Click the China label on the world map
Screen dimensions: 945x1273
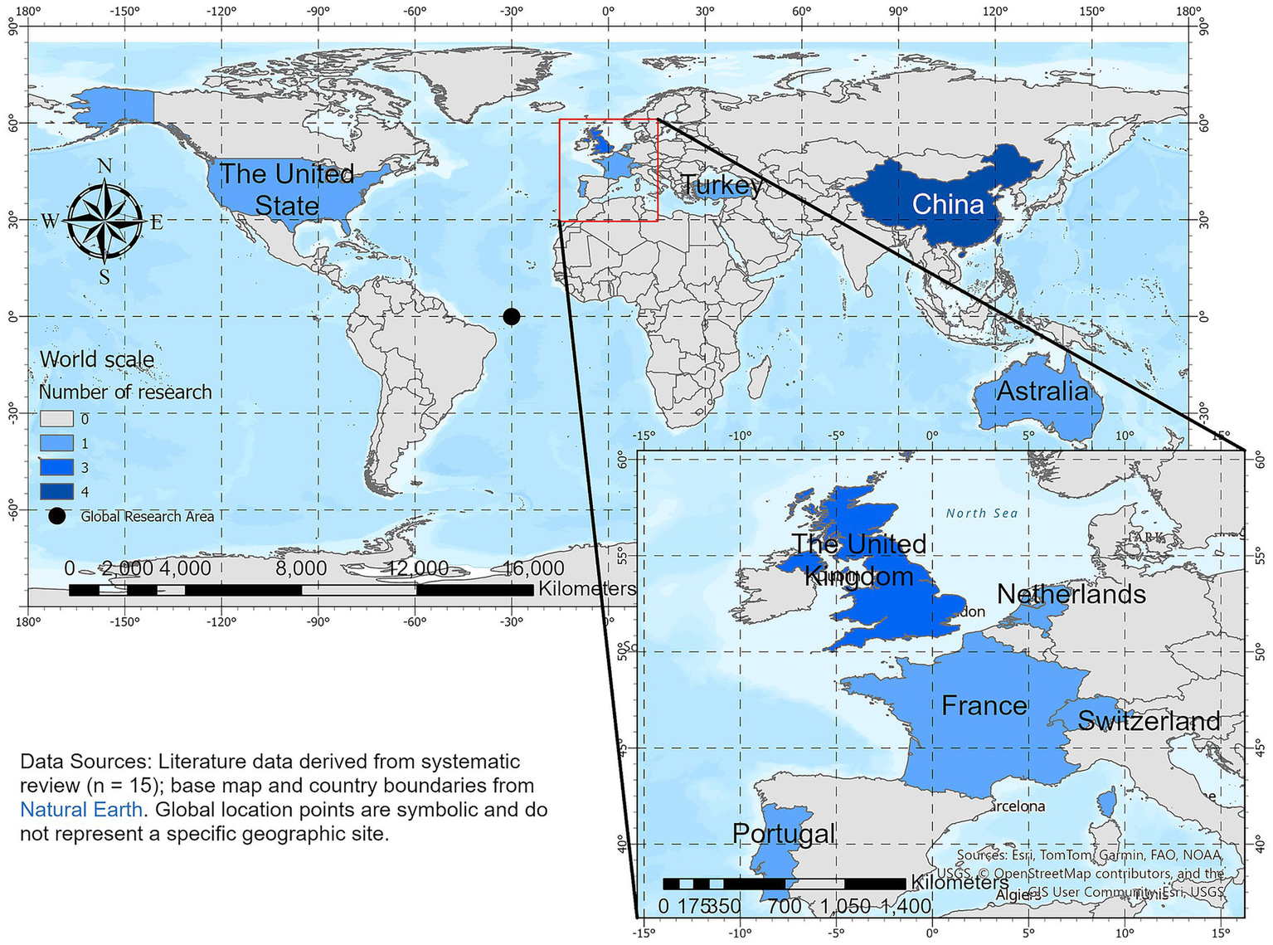(947, 204)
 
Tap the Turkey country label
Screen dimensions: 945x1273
(721, 185)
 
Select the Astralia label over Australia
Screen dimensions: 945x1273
(1042, 391)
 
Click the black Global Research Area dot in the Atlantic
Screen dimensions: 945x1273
(512, 316)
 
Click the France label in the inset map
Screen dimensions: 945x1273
(984, 706)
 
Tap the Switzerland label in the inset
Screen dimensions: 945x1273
(1149, 721)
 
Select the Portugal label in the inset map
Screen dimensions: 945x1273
(784, 834)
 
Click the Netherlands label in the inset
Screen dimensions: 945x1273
(1071, 594)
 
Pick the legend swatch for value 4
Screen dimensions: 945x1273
(56, 492)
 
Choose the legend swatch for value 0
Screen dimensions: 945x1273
(56, 419)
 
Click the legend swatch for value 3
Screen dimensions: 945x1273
(56, 468)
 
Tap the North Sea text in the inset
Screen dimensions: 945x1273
(982, 514)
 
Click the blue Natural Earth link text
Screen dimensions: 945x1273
(81, 809)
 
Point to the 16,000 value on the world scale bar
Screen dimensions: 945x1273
(533, 568)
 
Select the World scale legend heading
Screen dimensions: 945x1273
(97, 359)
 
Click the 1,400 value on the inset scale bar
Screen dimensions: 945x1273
(906, 906)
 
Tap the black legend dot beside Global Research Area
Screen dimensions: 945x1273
(56, 516)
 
